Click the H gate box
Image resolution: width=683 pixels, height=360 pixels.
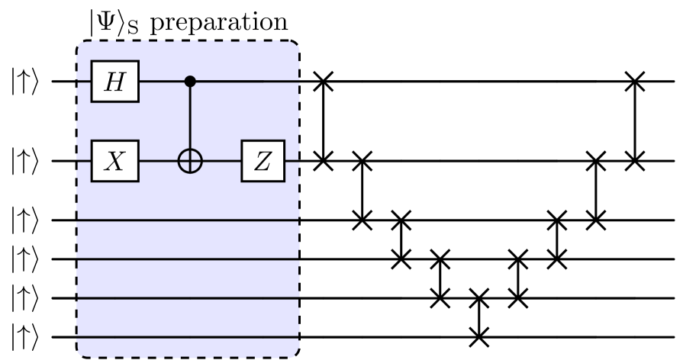(x=114, y=81)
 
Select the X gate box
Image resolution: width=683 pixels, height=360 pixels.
(x=114, y=162)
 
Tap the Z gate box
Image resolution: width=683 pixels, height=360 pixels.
(x=263, y=162)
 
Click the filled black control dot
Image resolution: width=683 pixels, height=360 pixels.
(x=190, y=80)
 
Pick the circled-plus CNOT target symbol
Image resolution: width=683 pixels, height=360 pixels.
(x=190, y=162)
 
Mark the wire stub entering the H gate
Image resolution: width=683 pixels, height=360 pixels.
(x=84, y=80)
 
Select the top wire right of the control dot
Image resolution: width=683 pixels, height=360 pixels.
(x=244, y=80)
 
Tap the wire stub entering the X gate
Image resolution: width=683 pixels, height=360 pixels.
(x=84, y=162)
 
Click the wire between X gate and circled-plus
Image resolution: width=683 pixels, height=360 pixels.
(x=157, y=162)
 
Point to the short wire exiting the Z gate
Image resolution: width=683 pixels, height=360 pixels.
(x=291, y=162)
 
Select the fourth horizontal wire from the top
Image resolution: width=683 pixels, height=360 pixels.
(x=188, y=259)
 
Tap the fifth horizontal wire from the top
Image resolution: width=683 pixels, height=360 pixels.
(x=188, y=299)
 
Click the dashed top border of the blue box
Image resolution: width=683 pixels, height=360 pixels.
(x=188, y=41)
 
